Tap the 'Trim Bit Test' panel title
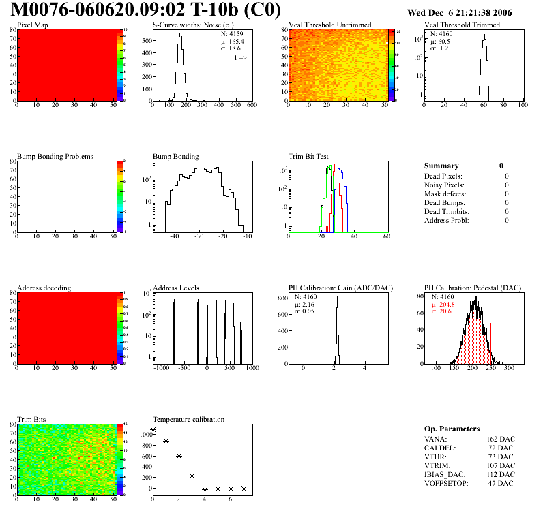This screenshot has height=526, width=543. click(x=309, y=157)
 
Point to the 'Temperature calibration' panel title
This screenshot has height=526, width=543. click(x=188, y=419)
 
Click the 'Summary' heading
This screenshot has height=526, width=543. click(x=441, y=166)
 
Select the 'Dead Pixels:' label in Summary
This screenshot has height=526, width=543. click(x=444, y=176)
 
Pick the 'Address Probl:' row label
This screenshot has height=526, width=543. click(x=447, y=220)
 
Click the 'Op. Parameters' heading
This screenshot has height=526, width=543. click(x=452, y=429)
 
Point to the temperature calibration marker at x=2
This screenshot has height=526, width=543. click(x=179, y=456)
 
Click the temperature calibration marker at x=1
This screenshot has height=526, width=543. click(x=166, y=442)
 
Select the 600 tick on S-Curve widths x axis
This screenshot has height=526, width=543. click(x=251, y=105)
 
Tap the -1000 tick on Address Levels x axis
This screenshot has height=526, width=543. click(x=161, y=368)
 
